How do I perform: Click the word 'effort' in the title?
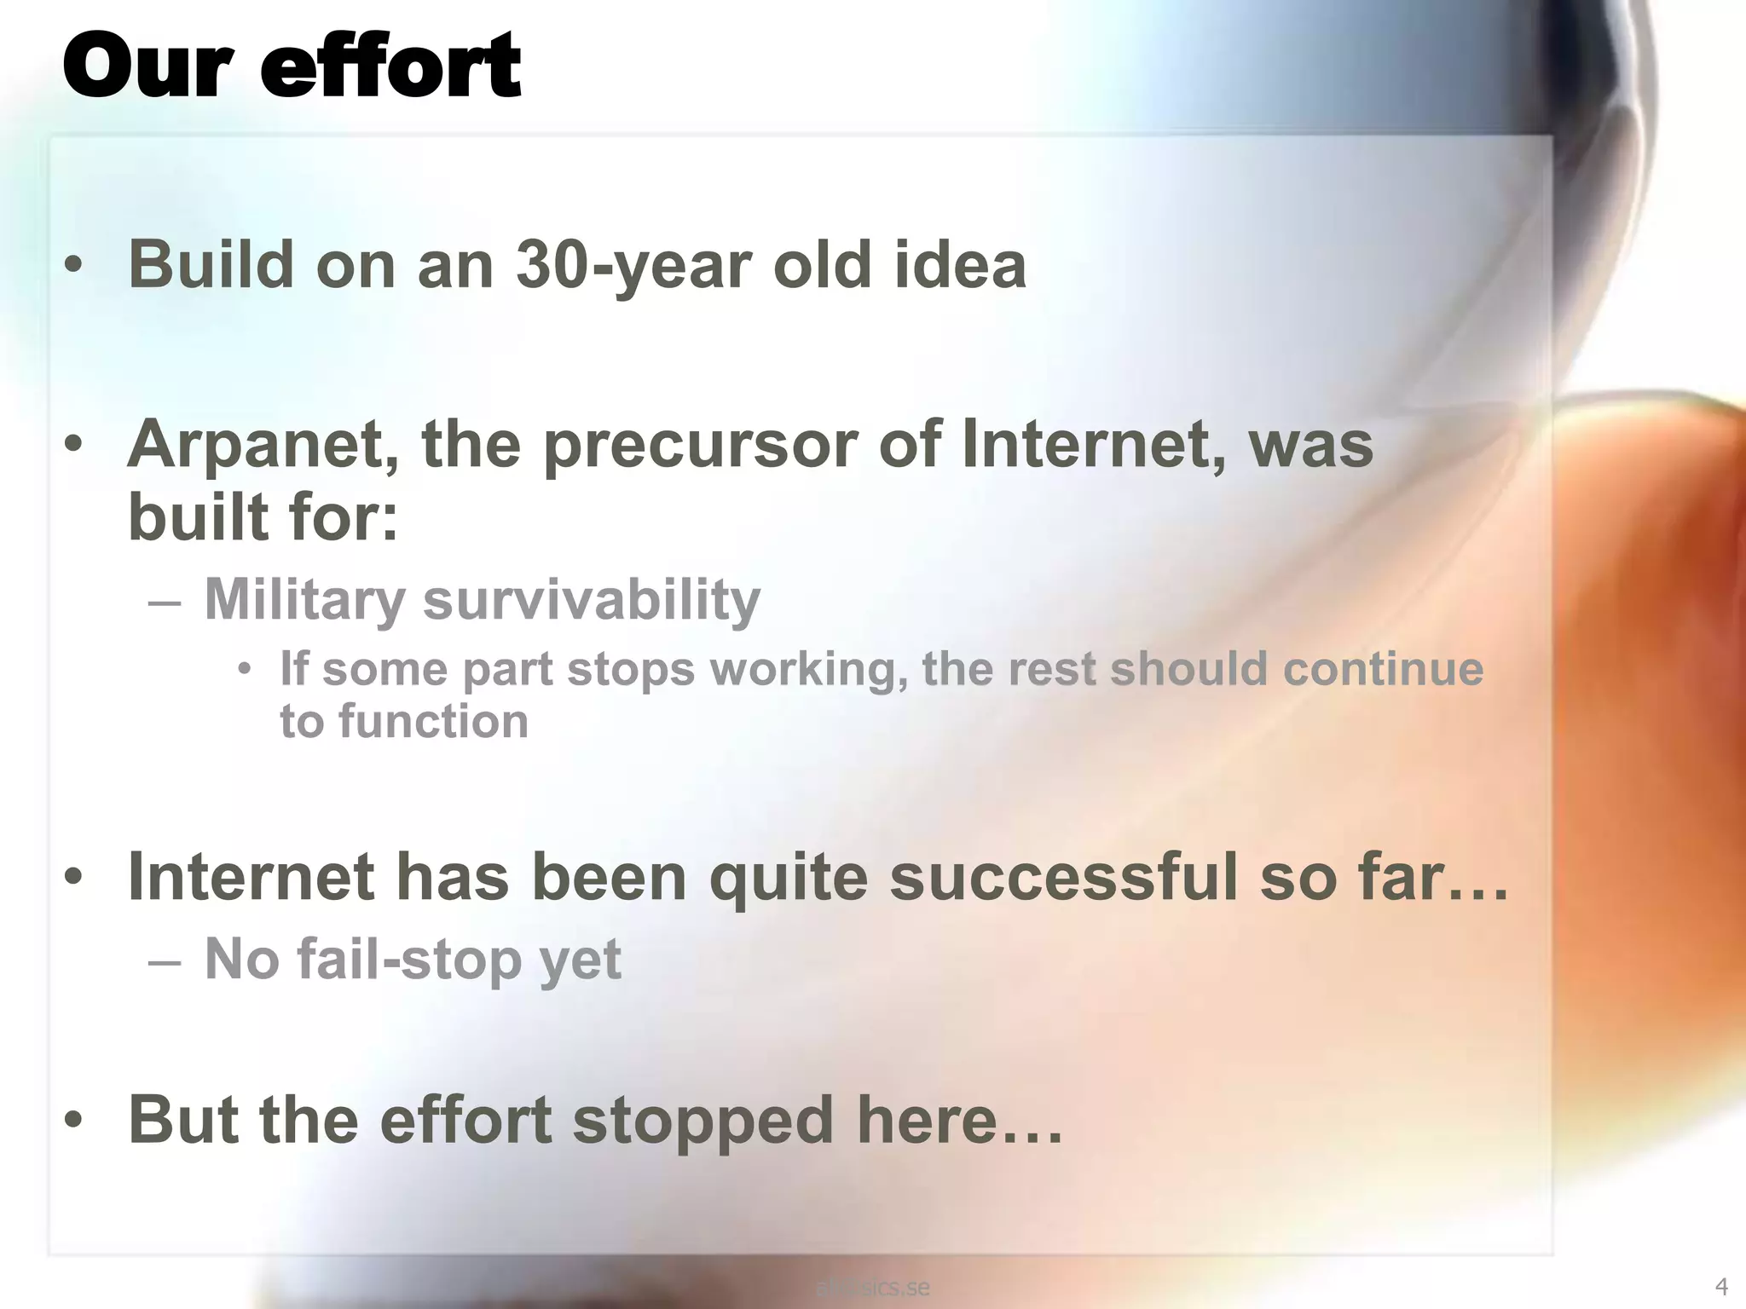click(x=390, y=66)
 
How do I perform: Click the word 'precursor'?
click(x=700, y=444)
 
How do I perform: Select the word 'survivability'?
click(x=591, y=599)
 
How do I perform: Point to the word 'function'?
click(x=433, y=721)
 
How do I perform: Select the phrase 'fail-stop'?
click(x=408, y=959)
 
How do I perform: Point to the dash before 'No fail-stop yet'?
click(x=164, y=960)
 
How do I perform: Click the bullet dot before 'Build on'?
click(x=74, y=266)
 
